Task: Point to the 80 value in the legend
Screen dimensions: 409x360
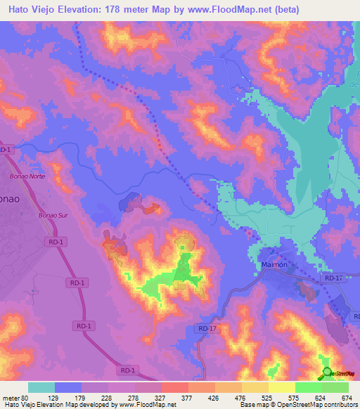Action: [x=25, y=397]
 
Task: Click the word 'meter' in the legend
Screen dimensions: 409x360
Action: [x=9, y=397]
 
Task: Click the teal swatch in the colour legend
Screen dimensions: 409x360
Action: [x=41, y=387]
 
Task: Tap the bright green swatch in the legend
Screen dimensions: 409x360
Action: [x=309, y=387]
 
